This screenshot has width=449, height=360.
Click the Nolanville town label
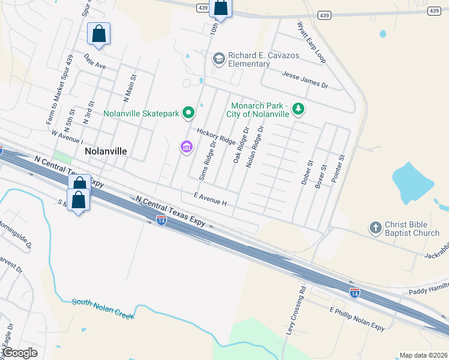tap(106, 151)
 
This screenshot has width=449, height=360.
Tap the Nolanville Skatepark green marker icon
tap(188, 112)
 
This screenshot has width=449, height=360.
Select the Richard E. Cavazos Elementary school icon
tap(218, 58)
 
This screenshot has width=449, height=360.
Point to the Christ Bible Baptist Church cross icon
tap(375, 227)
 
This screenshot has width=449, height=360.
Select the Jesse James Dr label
tap(306, 79)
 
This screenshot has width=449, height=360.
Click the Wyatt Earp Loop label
tap(312, 43)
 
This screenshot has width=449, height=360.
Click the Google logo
tap(20, 353)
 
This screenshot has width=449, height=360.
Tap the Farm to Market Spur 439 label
tap(59, 90)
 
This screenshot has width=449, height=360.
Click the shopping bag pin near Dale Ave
tap(98, 35)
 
